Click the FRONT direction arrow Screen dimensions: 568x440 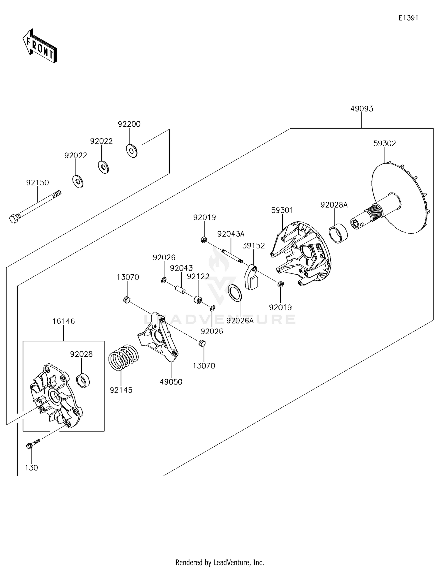pos(40,46)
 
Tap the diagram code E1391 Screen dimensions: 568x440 pos(408,18)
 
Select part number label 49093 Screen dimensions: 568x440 pos(361,109)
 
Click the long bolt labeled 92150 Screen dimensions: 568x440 pos(36,207)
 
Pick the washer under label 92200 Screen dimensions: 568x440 pos(132,151)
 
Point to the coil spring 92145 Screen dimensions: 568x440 pos(123,357)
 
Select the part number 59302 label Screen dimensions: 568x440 pos(385,144)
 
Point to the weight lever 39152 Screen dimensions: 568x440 pos(251,277)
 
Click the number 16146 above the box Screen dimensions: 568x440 pos(64,321)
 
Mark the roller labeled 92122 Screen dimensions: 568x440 pos(198,300)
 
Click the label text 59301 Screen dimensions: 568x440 pos(282,210)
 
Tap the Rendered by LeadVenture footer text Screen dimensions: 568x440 pos(220,562)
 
